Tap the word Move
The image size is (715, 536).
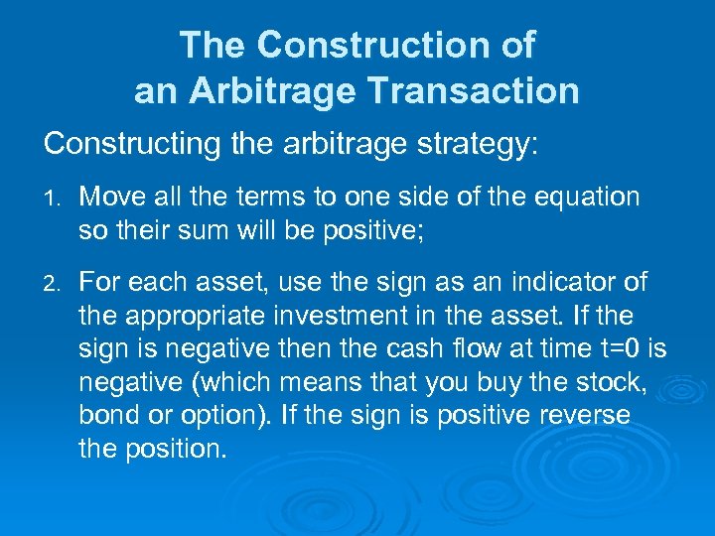pos(114,198)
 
